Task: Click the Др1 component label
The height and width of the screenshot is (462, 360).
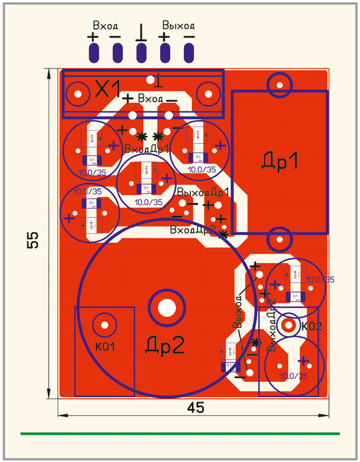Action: pos(279,161)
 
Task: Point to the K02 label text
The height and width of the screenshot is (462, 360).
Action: pos(312,326)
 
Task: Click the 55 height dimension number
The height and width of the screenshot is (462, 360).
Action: pos(33,239)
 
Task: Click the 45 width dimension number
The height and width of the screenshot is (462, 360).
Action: pos(195,408)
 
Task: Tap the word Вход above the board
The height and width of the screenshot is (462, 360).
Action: pos(105,25)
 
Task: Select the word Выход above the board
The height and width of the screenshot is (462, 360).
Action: pos(179,25)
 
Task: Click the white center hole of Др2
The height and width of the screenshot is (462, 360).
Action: pos(167,307)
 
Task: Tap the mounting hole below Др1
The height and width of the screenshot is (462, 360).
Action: pos(279,240)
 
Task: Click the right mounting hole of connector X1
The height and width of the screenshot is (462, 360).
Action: pos(208,95)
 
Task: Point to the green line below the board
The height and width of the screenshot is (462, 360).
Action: pos(180,434)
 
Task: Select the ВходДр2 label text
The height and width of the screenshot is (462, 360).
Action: pos(193,230)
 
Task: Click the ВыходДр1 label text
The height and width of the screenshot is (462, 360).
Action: pos(203,191)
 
